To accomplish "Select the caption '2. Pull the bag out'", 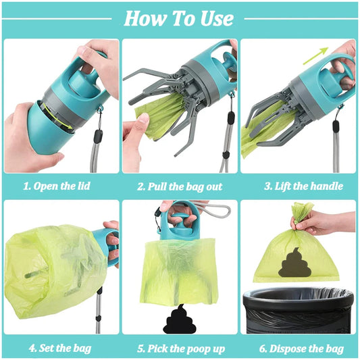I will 180,186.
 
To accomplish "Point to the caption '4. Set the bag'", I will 61,349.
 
